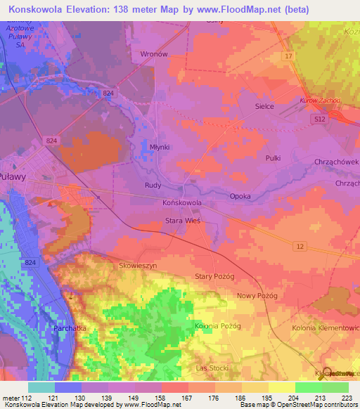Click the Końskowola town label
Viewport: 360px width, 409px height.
pos(182,202)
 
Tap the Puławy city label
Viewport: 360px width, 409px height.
pos(13,177)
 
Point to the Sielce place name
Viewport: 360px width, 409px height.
pos(264,106)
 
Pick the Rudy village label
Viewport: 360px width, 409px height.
pos(153,186)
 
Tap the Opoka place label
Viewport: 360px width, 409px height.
pos(240,196)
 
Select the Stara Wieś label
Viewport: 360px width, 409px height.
pos(183,221)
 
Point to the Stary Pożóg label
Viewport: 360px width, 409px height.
pos(214,277)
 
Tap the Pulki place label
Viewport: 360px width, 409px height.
pos(273,158)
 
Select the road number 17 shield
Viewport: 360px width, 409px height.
pos(288,55)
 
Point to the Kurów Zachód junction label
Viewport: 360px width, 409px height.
pos(320,100)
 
